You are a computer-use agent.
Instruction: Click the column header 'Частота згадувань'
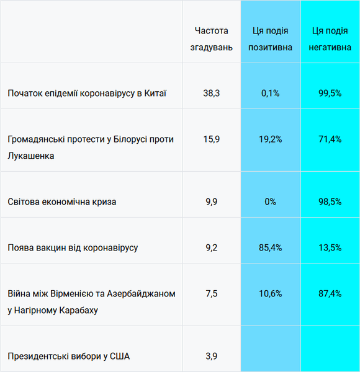point(211,38)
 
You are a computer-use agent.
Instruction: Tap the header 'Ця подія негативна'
point(330,38)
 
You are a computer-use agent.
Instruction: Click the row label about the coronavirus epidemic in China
point(87,93)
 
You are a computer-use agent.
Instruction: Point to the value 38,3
point(211,93)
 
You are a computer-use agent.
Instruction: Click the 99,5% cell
point(330,93)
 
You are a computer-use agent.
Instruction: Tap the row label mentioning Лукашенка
point(91,148)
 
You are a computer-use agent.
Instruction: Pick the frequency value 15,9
point(211,139)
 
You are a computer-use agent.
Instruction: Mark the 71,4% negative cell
point(330,139)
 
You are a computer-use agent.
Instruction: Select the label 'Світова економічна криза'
point(62,201)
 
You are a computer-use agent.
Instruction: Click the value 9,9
point(211,201)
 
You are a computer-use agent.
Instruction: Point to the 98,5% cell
point(330,201)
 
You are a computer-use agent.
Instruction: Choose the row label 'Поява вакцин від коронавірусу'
point(73,247)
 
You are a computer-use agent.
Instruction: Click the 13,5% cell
point(330,247)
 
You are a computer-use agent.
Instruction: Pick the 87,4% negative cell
point(330,293)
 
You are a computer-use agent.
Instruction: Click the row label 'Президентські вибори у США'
point(69,356)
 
